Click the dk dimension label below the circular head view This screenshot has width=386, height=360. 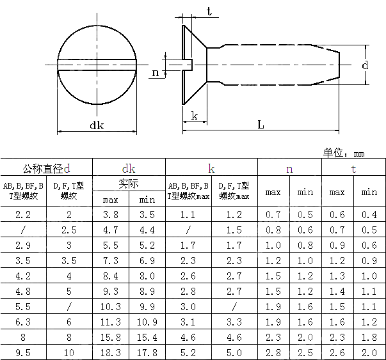(97, 125)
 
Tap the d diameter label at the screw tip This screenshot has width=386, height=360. (364, 65)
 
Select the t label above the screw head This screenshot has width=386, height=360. (209, 11)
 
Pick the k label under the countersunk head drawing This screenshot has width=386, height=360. (194, 116)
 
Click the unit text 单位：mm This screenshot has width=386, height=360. (344, 153)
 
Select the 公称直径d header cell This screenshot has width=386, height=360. (46, 168)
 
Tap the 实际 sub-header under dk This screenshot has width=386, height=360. (129, 184)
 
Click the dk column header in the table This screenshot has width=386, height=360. (129, 168)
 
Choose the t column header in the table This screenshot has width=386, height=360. (353, 168)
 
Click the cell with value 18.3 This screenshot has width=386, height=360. (111, 352)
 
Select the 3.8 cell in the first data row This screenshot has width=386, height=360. (111, 215)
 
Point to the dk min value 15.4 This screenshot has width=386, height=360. (147, 337)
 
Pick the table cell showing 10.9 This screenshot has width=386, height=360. (147, 322)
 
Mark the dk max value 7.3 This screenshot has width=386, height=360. (111, 261)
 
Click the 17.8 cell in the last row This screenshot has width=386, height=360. (147, 352)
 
